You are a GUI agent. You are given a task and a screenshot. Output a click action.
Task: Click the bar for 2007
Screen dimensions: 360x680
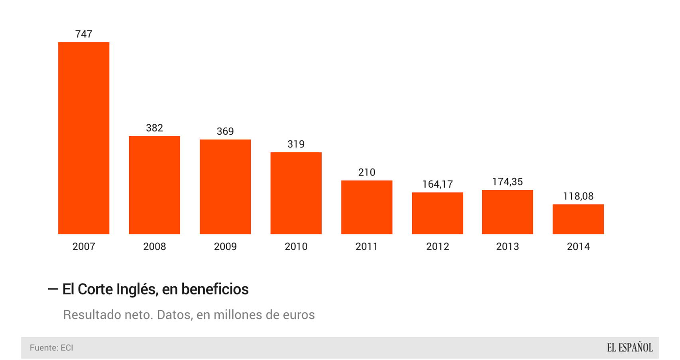click(84, 138)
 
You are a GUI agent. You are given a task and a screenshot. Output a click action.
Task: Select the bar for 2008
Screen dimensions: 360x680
click(154, 185)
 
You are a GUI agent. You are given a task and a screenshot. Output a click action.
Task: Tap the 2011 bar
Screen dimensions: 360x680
click(367, 207)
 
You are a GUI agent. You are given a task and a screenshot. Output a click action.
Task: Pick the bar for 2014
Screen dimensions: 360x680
click(578, 219)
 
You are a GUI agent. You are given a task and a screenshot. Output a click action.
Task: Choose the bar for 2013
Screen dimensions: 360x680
click(507, 212)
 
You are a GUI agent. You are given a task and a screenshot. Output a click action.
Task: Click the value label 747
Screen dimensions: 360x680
click(84, 34)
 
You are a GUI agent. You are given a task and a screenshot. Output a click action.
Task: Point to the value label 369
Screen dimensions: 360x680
click(225, 132)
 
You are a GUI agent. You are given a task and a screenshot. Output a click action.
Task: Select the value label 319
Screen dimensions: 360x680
click(296, 144)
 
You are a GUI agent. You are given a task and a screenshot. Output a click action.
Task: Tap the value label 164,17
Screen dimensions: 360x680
click(438, 185)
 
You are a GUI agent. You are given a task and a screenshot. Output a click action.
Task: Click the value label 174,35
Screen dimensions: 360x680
click(507, 182)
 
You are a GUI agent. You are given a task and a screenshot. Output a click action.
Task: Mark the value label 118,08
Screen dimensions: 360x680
click(578, 196)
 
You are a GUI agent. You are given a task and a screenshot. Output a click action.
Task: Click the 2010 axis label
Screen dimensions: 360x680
click(296, 247)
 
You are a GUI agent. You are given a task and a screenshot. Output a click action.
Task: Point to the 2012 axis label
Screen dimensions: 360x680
click(438, 247)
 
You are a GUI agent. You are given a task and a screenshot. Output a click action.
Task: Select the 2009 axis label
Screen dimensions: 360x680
click(225, 247)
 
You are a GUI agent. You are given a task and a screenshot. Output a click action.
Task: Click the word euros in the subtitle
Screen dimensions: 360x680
click(299, 315)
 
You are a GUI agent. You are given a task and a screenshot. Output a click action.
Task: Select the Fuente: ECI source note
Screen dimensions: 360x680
click(51, 348)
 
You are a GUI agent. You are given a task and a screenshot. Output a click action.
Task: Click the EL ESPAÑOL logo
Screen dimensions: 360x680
click(629, 348)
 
